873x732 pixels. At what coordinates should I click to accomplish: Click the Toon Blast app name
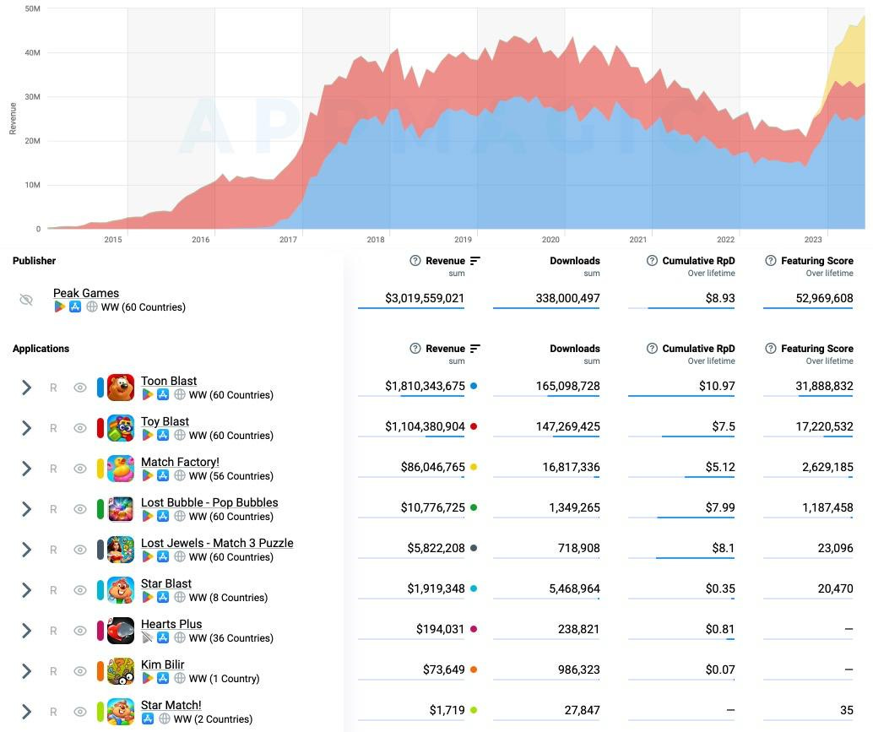(x=169, y=381)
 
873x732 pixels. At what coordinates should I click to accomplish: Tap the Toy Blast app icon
(x=121, y=428)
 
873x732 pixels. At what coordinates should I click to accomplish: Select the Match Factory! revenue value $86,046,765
(x=432, y=467)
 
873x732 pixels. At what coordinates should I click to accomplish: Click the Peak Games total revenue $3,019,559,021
(x=411, y=298)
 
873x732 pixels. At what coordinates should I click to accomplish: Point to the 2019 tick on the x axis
(x=463, y=240)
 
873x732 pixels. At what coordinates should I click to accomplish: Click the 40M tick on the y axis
(x=32, y=53)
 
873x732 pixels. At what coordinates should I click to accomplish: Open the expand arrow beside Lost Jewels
(x=26, y=550)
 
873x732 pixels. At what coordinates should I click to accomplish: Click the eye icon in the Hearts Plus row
(x=80, y=631)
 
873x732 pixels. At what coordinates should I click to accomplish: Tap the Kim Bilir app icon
(x=121, y=671)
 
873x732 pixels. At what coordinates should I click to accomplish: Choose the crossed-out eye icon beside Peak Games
(x=26, y=300)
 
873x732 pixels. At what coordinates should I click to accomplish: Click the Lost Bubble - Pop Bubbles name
(x=209, y=502)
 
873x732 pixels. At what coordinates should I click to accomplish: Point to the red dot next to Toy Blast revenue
(x=474, y=426)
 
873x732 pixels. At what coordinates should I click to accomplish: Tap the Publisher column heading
(x=35, y=261)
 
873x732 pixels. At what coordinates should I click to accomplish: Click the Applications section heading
(x=41, y=349)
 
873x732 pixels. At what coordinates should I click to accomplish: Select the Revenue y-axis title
(x=13, y=118)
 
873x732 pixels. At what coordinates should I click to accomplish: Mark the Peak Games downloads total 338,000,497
(x=567, y=298)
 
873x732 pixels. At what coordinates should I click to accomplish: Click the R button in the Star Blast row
(x=53, y=590)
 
